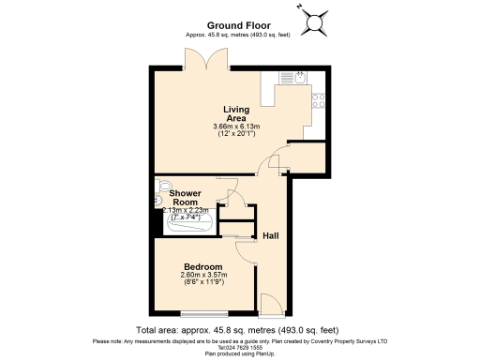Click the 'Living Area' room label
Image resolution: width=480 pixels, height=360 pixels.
[x=235, y=112]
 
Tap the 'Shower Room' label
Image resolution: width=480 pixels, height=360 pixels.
[x=185, y=197]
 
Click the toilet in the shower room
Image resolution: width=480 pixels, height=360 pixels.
[x=160, y=187]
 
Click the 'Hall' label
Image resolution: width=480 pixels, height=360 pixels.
[x=271, y=235]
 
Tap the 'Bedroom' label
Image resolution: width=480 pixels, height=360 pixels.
[x=203, y=265]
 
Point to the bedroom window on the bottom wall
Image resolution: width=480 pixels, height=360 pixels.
[x=202, y=312]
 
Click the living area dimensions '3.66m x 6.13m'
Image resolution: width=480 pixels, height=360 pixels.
[x=236, y=126]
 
